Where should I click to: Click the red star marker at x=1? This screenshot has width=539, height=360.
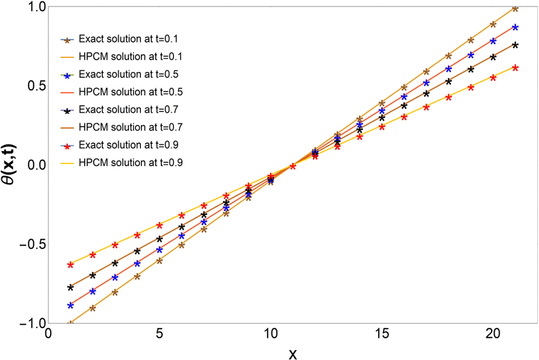(70, 265)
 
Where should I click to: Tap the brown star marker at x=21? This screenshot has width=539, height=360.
(515, 8)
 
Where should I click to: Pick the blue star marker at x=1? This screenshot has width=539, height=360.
(70, 305)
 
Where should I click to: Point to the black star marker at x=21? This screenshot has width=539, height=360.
(515, 45)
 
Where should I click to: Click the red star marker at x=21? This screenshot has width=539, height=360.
(515, 68)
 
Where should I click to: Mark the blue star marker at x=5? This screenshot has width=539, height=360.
(160, 250)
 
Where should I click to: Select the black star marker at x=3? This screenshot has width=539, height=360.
(115, 263)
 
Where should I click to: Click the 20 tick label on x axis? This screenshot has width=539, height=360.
(493, 334)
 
